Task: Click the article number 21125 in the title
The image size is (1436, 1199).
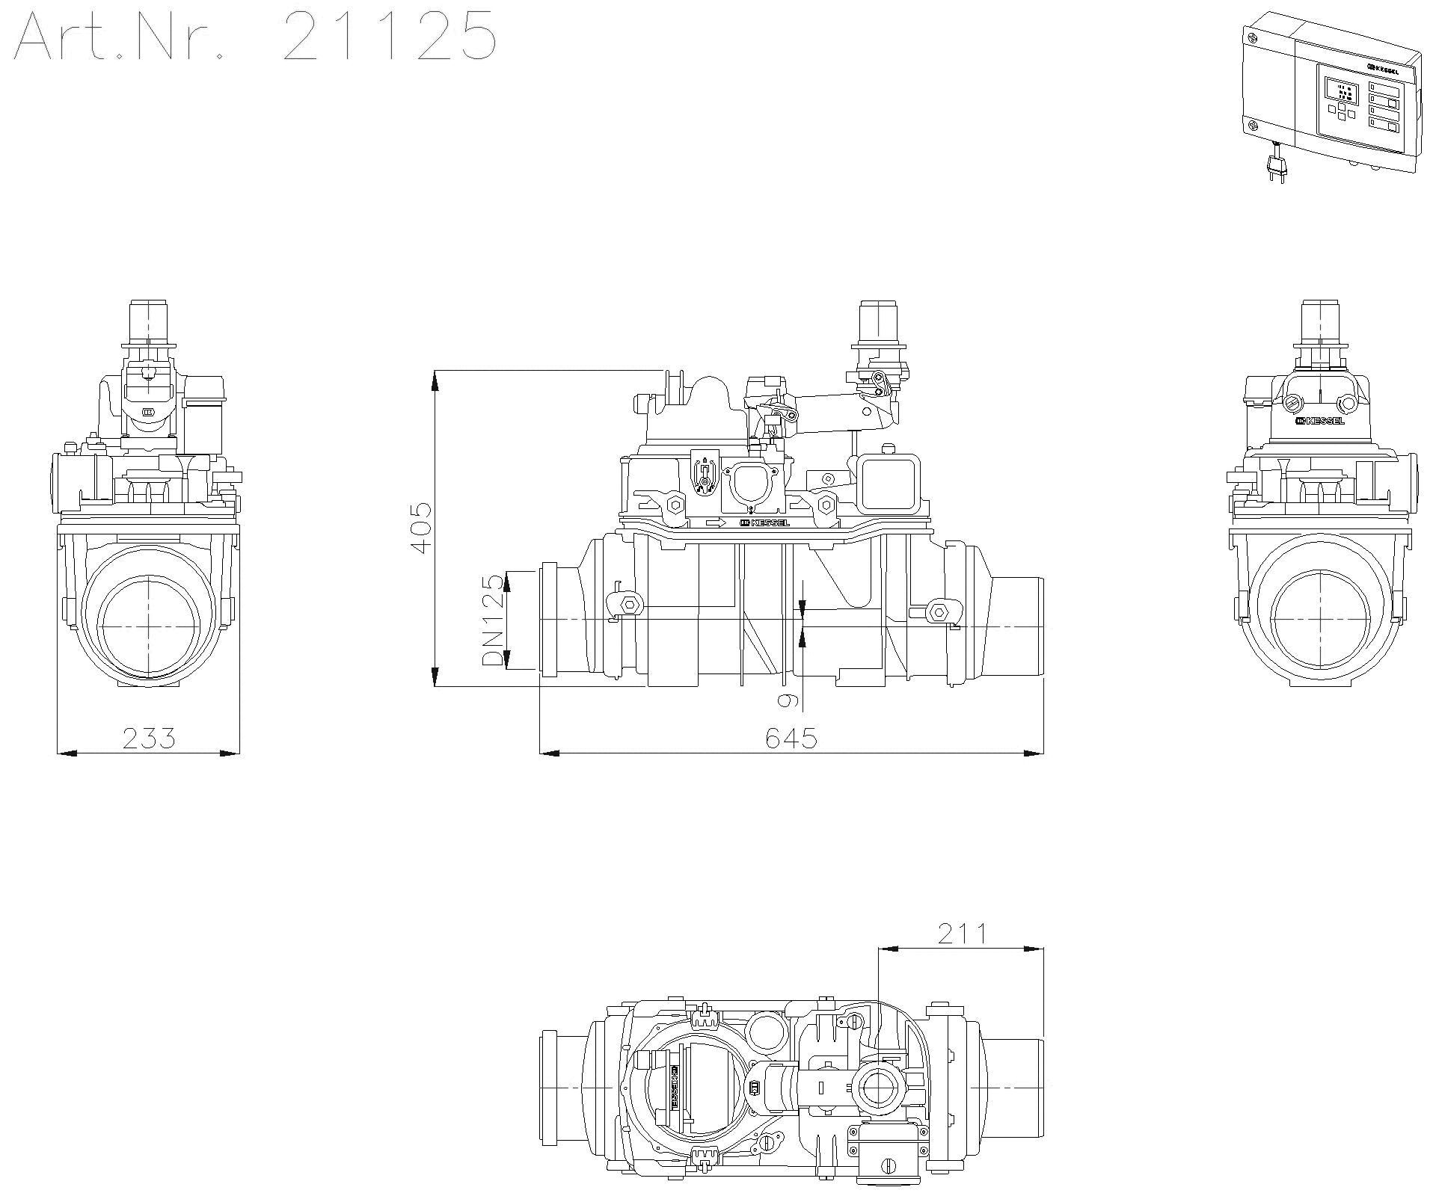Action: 390,35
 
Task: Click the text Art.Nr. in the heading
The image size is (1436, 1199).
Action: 120,35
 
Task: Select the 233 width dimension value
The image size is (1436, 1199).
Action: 149,738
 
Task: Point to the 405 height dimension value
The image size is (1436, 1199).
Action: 421,528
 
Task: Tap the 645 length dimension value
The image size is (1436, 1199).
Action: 791,738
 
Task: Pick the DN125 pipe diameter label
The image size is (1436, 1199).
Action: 493,620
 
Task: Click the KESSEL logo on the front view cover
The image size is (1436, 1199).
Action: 764,523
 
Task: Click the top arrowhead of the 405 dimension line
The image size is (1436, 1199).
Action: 435,380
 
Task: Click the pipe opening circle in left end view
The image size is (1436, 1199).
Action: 150,625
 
